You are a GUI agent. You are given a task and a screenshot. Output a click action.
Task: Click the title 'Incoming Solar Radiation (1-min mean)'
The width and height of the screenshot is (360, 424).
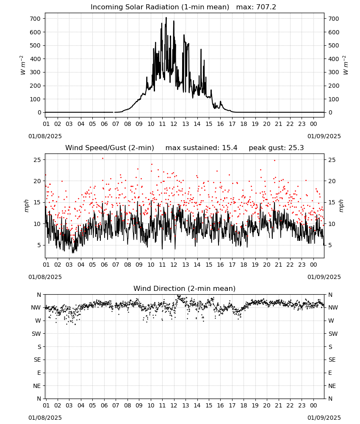click(160, 7)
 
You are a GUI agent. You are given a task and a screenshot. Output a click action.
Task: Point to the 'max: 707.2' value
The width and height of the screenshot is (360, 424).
click(256, 7)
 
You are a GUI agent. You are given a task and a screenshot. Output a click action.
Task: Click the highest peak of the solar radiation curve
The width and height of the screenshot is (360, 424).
click(166, 18)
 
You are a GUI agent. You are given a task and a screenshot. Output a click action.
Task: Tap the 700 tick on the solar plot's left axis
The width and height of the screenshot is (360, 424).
click(35, 19)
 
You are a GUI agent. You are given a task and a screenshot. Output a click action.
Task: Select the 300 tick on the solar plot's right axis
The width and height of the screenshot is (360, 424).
click(334, 72)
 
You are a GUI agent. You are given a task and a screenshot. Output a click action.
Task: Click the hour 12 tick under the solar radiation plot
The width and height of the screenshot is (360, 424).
click(174, 124)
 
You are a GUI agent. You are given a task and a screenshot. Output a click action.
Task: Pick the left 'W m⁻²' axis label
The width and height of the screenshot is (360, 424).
click(23, 65)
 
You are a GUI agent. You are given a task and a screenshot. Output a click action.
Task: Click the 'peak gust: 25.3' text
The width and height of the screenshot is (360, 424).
click(276, 148)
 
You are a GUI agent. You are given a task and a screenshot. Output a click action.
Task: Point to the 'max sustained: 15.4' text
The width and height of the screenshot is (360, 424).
click(202, 148)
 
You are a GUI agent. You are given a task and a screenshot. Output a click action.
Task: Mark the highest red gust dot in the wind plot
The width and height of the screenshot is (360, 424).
click(102, 159)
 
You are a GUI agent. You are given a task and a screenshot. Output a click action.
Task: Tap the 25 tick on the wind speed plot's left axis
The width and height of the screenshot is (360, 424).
click(37, 160)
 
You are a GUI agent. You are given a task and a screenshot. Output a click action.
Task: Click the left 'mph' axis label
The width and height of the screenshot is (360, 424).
click(26, 206)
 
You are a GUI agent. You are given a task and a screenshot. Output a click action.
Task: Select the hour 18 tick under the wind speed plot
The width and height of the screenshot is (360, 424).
click(244, 265)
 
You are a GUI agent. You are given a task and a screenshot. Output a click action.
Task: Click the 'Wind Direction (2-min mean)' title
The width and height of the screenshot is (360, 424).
click(185, 288)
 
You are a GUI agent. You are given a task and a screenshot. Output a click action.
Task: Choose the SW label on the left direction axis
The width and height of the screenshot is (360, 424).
click(36, 334)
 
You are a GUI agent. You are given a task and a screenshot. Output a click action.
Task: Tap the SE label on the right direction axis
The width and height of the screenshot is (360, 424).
click(332, 360)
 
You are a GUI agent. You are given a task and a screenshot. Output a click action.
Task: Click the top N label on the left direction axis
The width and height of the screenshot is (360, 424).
click(39, 295)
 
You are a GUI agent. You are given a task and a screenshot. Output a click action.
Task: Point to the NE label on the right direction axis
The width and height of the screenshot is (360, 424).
click(332, 386)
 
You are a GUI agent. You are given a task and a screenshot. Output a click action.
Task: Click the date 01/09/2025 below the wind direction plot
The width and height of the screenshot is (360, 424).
click(324, 418)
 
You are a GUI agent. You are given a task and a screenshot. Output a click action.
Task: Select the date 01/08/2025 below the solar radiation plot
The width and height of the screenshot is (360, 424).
click(45, 136)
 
